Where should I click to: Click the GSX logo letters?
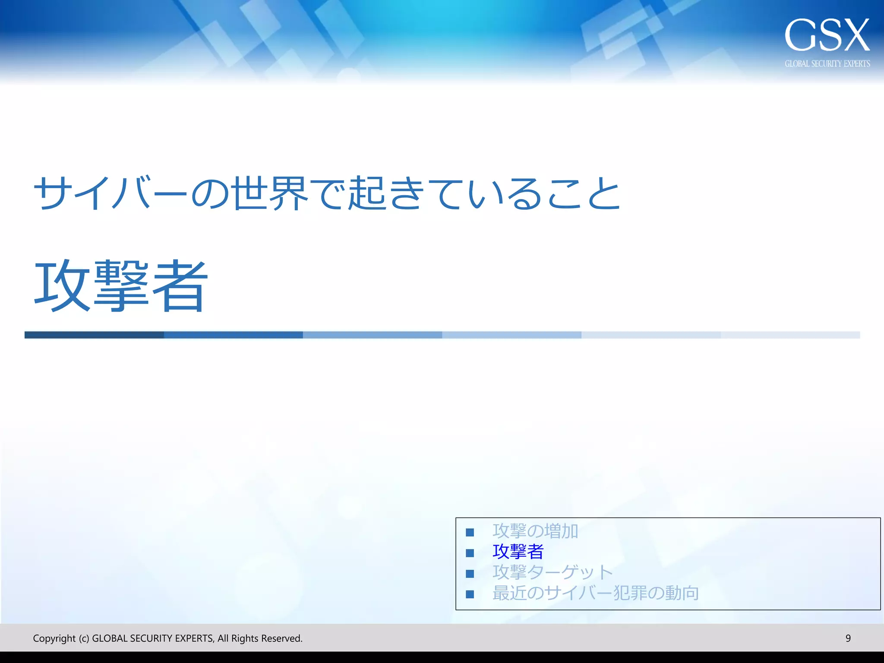click(x=827, y=35)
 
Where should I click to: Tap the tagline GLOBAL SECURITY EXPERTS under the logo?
click(x=827, y=64)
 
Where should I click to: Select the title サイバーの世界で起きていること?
click(x=327, y=193)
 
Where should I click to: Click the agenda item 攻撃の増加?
click(x=535, y=531)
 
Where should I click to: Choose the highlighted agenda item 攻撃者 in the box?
click(x=518, y=552)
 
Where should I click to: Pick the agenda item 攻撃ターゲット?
click(x=552, y=572)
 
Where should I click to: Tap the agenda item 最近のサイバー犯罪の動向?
click(x=596, y=593)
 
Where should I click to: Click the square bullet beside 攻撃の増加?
click(x=470, y=532)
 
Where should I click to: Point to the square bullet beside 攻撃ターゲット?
click(x=470, y=574)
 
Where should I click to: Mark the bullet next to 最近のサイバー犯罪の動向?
click(x=470, y=594)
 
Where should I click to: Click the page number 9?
click(x=848, y=638)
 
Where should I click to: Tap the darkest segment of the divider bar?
click(x=94, y=335)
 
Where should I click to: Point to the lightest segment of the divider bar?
click(x=790, y=335)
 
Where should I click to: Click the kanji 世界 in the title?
click(x=269, y=193)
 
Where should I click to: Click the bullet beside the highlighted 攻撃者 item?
click(x=470, y=553)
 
